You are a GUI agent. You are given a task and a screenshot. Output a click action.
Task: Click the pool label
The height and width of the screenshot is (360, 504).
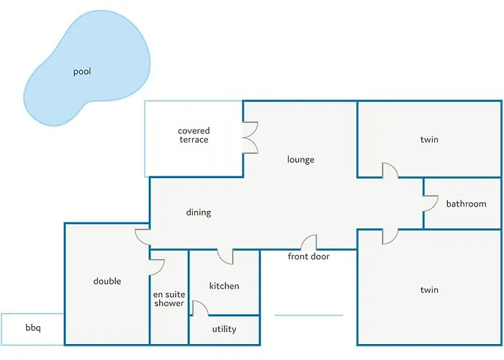[x=82, y=72]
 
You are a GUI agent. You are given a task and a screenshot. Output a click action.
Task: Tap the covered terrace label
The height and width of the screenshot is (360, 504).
[x=194, y=135]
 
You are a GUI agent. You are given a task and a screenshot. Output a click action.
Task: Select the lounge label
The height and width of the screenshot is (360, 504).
[x=300, y=160]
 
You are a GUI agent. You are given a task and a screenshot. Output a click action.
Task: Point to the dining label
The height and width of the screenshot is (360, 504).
[x=199, y=212]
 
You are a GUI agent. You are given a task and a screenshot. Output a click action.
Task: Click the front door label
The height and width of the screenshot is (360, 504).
[x=309, y=256]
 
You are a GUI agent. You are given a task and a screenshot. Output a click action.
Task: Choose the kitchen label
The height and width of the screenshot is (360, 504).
[x=224, y=286]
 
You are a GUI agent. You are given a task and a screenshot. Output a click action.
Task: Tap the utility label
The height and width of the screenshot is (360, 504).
[x=224, y=329]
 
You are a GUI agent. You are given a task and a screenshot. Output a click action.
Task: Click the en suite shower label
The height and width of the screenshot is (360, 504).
[x=169, y=299]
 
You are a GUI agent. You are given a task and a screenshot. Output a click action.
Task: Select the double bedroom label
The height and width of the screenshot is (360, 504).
[x=107, y=281]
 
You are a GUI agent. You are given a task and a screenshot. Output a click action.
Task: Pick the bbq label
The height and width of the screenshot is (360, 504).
[x=33, y=328]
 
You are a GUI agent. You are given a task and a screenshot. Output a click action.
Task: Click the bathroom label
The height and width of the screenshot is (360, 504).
[x=466, y=204]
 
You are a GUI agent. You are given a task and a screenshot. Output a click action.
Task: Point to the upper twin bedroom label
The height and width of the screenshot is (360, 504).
[x=429, y=139]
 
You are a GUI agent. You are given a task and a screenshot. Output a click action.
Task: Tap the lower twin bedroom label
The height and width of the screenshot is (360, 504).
[x=429, y=289]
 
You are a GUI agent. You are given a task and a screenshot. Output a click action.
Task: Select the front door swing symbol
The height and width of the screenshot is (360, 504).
[x=310, y=243]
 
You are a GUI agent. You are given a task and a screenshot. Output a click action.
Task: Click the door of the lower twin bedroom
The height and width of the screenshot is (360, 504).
[x=389, y=236]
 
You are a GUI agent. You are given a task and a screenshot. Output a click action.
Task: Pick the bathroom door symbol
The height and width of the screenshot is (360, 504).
[x=431, y=204]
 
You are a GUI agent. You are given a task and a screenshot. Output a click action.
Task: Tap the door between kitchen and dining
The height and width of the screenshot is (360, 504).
[x=225, y=256]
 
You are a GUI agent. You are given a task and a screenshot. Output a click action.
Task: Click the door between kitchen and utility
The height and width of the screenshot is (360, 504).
[x=199, y=308]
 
